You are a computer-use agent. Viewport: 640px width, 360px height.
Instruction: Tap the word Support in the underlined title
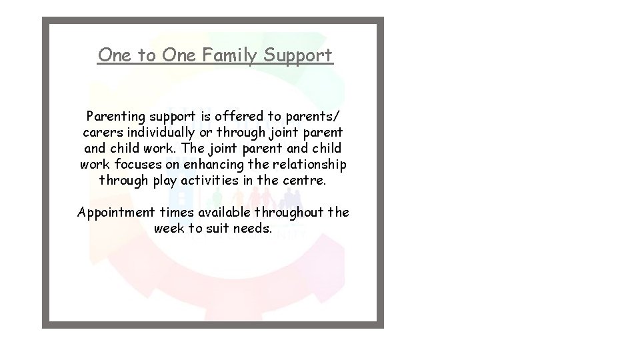point(299,55)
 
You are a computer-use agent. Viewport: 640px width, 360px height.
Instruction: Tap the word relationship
point(310,164)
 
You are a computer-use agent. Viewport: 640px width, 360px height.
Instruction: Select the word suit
point(217,229)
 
